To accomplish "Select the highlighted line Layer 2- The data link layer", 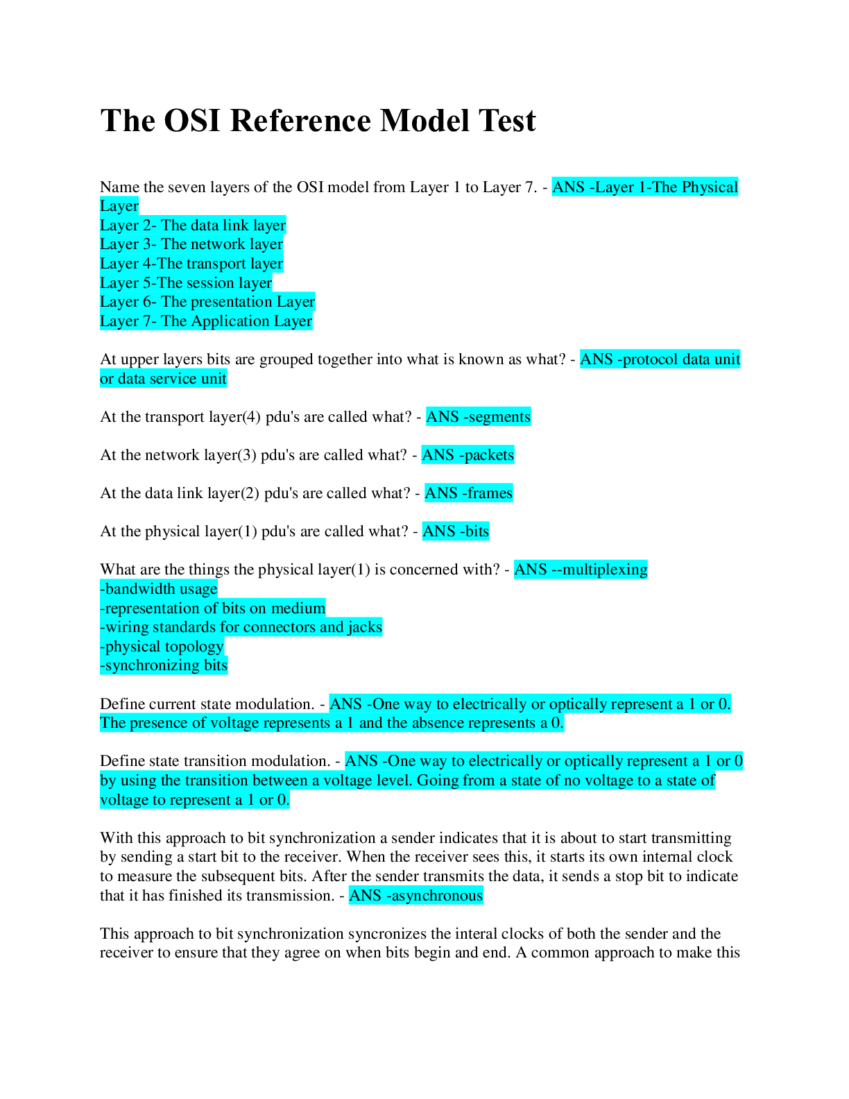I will tap(193, 225).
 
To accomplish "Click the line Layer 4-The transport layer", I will tap(191, 264).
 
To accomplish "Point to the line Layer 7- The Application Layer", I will tap(206, 321).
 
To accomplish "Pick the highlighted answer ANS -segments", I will tap(478, 417).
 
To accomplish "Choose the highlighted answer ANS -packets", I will tap(468, 455).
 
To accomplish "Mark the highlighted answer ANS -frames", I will tap(468, 493).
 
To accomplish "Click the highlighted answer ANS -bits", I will tap(456, 531).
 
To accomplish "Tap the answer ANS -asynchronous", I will tap(415, 896).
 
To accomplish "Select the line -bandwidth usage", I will tap(159, 589).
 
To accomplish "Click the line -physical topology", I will tap(162, 647).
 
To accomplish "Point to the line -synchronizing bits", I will tap(164, 665).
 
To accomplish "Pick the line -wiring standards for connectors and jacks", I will tap(241, 627).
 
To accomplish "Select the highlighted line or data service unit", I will tap(163, 379).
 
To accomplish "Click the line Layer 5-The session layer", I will tap(186, 283).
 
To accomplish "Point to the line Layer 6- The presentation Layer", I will tap(207, 302).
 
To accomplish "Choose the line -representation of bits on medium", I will tap(212, 608).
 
